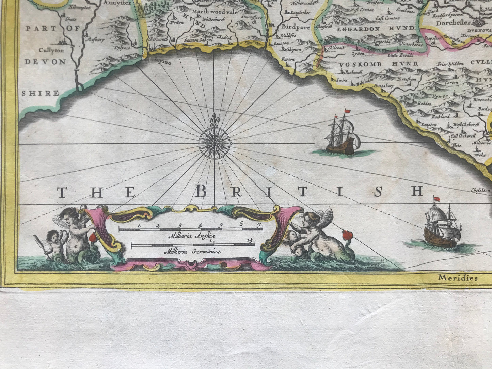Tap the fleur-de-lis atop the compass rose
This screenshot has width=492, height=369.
click(214, 121)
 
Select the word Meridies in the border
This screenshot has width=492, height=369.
click(458, 278)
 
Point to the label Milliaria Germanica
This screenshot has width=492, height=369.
click(192, 252)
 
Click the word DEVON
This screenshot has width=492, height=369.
click(45, 62)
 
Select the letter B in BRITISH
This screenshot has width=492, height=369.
click(201, 192)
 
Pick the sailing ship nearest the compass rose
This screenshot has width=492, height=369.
click(341, 134)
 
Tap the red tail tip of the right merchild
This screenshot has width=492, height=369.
click(347, 235)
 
